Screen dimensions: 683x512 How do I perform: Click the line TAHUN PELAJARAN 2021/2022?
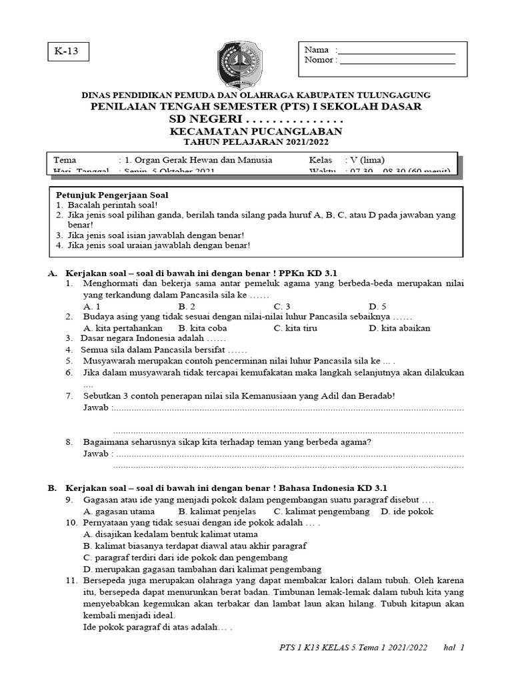pos(256,142)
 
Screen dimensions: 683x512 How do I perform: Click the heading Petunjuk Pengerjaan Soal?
pos(111,195)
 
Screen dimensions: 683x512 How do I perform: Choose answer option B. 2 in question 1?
pos(186,306)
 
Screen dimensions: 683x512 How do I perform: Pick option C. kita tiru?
pos(295,328)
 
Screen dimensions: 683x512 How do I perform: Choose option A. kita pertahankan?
pos(123,328)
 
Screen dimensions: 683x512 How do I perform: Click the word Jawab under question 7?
pos(96,407)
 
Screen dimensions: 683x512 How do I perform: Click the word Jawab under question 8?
pos(96,454)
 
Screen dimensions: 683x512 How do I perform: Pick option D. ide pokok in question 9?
pos(407,512)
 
